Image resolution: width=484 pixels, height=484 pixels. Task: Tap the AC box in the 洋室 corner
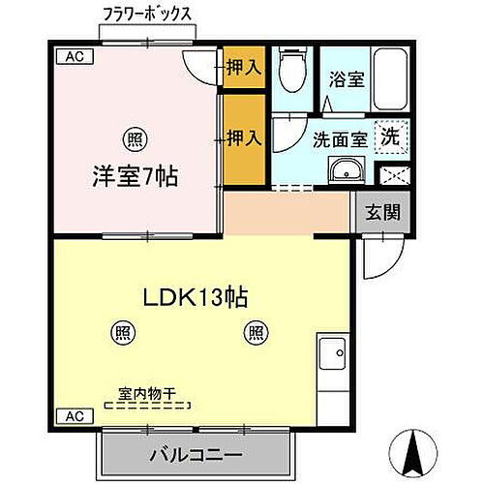point(74,56)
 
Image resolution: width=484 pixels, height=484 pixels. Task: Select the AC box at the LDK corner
point(73,416)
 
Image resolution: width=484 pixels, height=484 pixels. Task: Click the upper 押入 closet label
point(243,68)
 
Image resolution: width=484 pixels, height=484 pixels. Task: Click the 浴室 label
point(346,80)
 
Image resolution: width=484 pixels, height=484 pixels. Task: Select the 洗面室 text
point(339,139)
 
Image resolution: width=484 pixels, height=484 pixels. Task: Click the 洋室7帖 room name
point(135,179)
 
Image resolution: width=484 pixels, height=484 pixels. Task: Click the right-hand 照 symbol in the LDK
point(256,332)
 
